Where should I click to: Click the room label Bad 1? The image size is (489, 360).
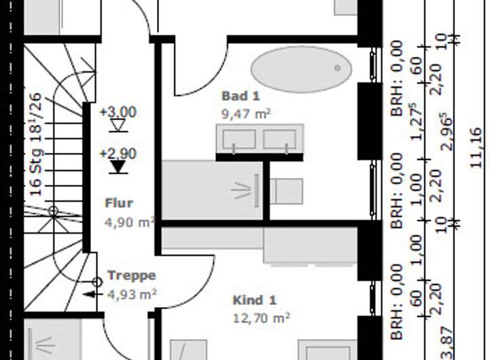tap(240, 96)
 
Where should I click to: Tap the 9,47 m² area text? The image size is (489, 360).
tap(245, 114)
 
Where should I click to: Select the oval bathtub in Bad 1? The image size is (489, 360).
tap(302, 69)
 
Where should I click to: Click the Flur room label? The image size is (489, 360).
tap(119, 202)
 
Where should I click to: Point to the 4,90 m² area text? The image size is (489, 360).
tap(130, 221)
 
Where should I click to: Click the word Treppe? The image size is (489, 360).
tap(132, 275)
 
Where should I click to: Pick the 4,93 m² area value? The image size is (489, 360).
tap(132, 294)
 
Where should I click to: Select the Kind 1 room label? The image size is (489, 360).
tap(255, 300)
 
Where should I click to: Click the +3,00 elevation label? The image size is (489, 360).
tap(117, 111)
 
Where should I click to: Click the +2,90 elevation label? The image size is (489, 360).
tap(117, 154)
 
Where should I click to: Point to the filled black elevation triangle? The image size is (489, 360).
tap(118, 166)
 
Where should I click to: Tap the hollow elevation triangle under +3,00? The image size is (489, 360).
tap(118, 125)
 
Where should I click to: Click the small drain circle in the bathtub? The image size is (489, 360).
tap(337, 68)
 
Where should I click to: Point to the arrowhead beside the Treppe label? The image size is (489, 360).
tap(89, 294)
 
